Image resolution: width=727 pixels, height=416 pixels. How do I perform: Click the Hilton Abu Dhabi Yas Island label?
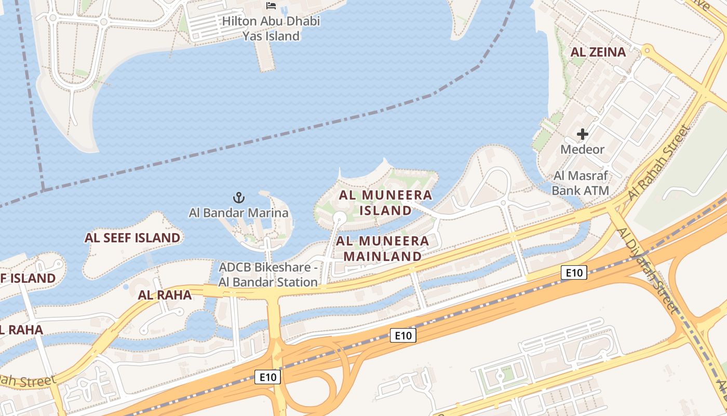click(x=271, y=29)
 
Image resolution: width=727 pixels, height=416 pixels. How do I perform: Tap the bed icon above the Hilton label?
click(x=271, y=6)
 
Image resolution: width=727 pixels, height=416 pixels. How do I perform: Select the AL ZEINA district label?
click(x=598, y=52)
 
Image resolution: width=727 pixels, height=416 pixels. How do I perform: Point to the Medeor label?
click(x=582, y=150)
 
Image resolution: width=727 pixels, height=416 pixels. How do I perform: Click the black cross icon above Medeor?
click(x=583, y=134)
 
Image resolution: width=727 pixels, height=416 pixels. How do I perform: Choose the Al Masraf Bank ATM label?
click(x=580, y=183)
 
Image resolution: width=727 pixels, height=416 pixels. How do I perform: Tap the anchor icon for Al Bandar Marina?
click(x=238, y=198)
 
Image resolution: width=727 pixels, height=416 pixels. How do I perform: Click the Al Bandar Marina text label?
click(x=238, y=213)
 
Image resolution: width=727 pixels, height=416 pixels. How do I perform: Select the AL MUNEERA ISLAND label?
click(x=385, y=203)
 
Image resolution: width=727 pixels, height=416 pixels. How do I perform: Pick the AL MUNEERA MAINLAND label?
click(x=383, y=249)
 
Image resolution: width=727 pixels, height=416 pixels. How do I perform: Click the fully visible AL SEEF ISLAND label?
click(x=132, y=238)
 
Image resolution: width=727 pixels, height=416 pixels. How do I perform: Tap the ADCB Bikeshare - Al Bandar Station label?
click(x=268, y=275)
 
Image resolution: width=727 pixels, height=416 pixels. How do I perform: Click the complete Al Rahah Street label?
click(x=658, y=162)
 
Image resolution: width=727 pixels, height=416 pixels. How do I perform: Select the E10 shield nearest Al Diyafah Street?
click(x=574, y=272)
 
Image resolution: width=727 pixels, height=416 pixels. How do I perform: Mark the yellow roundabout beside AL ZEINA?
click(x=647, y=51)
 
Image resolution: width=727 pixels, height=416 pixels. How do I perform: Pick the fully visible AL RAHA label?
click(x=165, y=295)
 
